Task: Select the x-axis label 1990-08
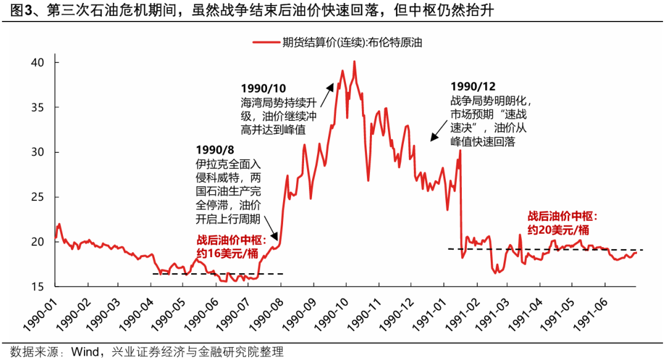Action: pyautogui.click(x=267, y=313)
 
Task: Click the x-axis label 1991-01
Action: pyautogui.click(x=429, y=313)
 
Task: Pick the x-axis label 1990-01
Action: pyautogui.click(x=40, y=313)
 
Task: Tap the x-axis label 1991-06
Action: pyautogui.click(x=591, y=313)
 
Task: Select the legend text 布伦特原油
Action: pyautogui.click(x=395, y=43)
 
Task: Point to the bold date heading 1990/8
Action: pyautogui.click(x=215, y=150)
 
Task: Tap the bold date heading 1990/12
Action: pyautogui.click(x=473, y=87)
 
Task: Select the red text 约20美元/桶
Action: pyautogui.click(x=554, y=229)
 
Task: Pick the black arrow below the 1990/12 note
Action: pyautogui.click(x=440, y=131)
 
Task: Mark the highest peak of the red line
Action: pyautogui.click(x=355, y=61)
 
